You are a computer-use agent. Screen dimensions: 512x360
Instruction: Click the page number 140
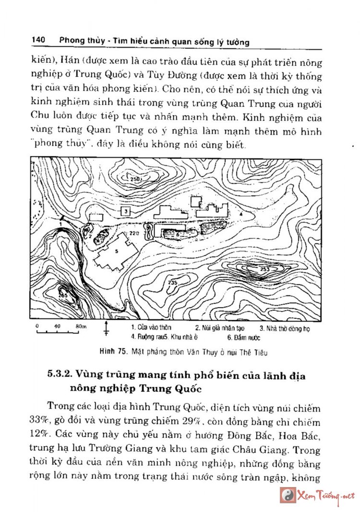(x=38, y=40)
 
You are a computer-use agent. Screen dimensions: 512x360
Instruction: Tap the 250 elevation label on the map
(x=136, y=179)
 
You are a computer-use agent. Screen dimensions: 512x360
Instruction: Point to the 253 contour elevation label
(x=264, y=270)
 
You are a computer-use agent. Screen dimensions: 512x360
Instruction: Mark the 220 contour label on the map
(x=134, y=233)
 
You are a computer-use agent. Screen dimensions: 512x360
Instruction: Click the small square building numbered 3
(x=125, y=211)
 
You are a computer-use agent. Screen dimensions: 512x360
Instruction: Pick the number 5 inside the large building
(x=116, y=251)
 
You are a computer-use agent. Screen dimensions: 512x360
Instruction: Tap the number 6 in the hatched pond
(x=177, y=234)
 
